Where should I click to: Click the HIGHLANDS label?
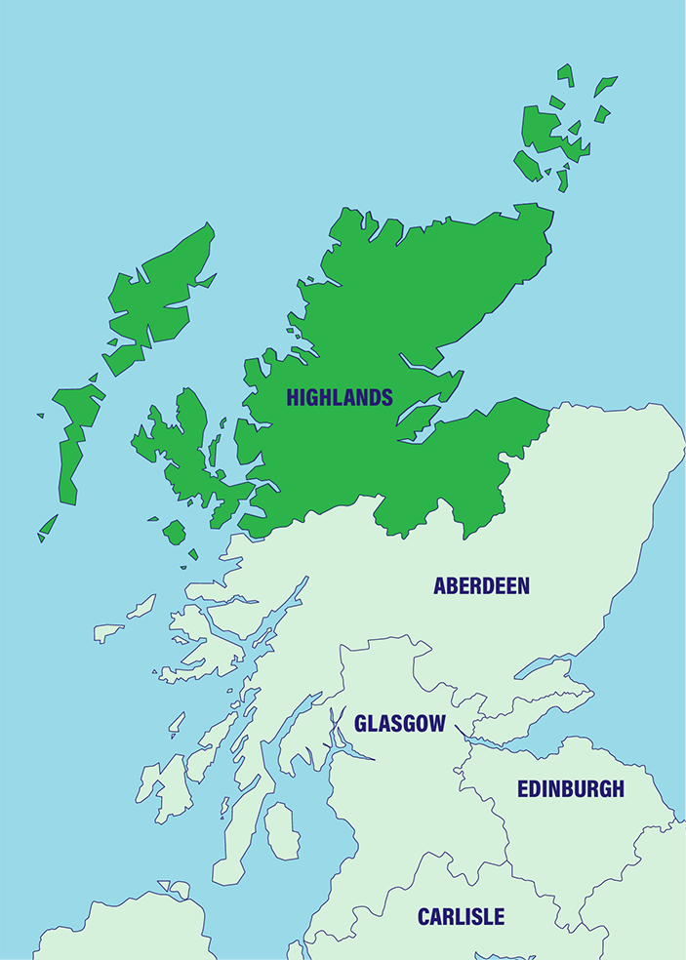340,398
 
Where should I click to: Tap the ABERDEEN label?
481,586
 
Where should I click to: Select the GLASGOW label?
400,724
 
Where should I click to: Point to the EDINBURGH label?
570,789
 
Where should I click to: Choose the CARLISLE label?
461,917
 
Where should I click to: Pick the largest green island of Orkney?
543,132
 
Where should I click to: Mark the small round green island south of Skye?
174,532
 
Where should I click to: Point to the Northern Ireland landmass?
127,927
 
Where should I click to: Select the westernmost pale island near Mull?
108,632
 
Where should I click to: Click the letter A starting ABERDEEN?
440,586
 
